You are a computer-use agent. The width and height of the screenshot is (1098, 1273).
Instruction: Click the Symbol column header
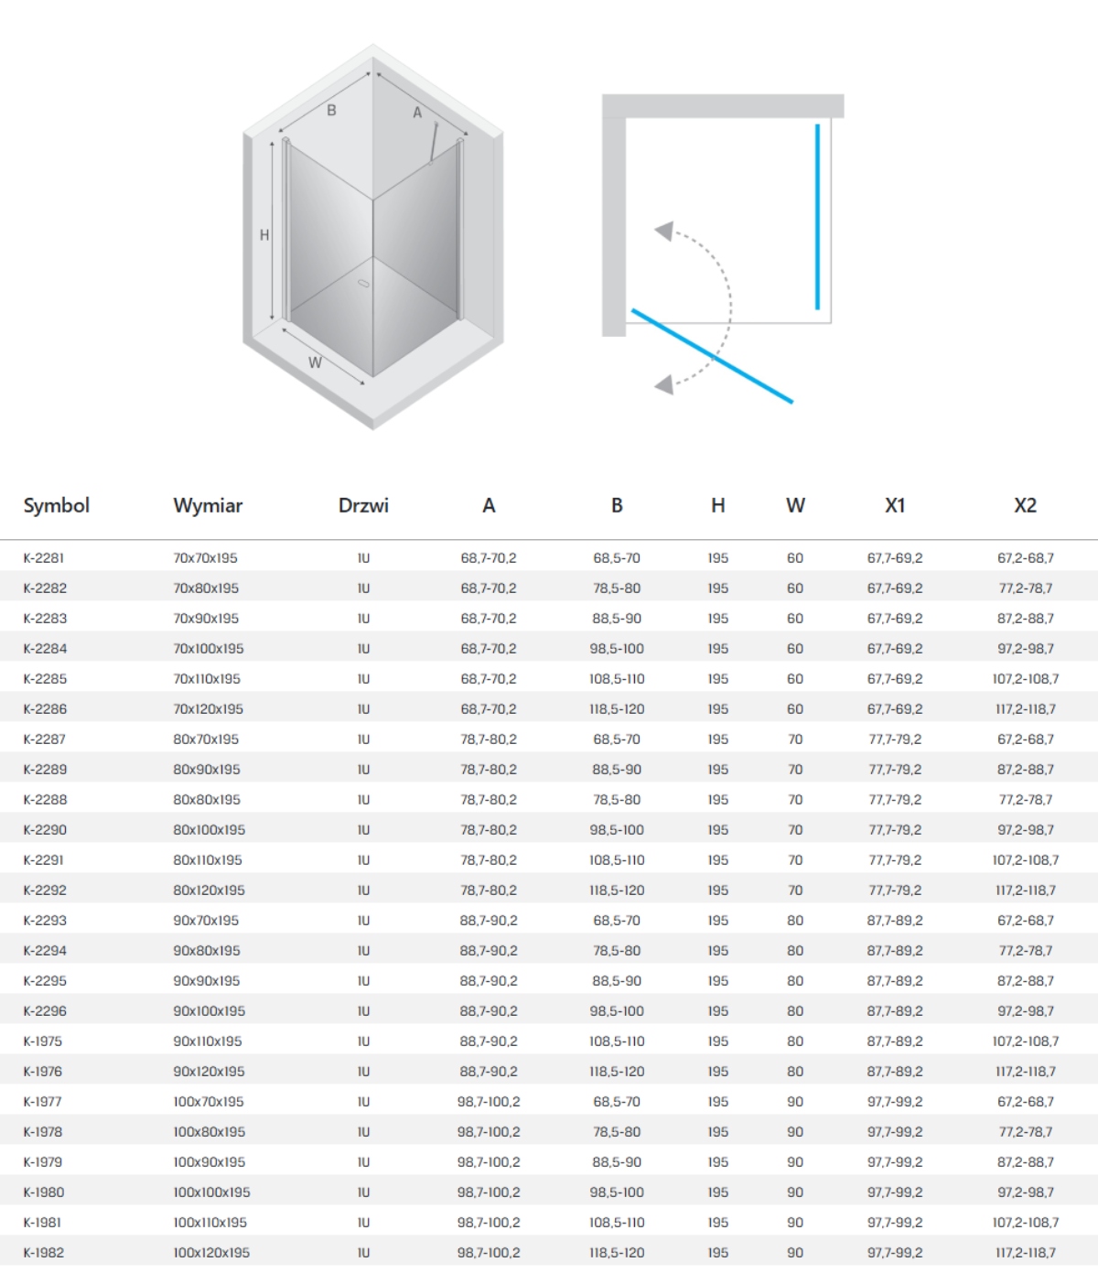(x=57, y=505)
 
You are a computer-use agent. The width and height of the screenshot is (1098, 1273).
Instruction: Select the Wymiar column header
(x=208, y=505)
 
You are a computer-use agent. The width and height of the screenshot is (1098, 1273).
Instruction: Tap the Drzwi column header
(x=363, y=505)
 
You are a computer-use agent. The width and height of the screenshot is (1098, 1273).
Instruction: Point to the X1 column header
(x=895, y=505)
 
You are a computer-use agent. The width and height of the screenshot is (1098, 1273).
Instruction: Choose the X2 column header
(x=1025, y=505)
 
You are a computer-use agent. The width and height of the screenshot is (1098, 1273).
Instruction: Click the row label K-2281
(x=44, y=557)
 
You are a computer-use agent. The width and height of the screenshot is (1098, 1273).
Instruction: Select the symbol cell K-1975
(x=43, y=1041)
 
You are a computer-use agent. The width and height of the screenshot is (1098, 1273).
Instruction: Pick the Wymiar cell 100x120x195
(x=211, y=1253)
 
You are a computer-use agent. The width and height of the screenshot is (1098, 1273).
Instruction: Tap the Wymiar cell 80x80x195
(x=206, y=800)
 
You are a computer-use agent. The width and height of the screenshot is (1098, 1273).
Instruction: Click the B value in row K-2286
(x=617, y=709)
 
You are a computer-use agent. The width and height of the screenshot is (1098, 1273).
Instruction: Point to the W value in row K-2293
(x=795, y=921)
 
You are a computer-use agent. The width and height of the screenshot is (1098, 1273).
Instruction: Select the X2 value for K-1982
(x=1025, y=1253)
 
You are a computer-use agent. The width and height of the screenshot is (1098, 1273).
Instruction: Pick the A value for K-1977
(x=489, y=1102)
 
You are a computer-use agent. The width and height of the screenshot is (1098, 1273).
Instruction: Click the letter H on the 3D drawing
(x=264, y=235)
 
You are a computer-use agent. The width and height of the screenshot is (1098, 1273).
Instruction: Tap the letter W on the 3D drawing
(x=315, y=362)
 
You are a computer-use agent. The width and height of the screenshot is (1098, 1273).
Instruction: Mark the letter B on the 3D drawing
(x=331, y=110)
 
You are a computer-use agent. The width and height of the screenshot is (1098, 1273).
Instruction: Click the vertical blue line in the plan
(x=818, y=217)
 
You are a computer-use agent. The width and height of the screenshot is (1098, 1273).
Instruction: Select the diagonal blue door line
(x=712, y=356)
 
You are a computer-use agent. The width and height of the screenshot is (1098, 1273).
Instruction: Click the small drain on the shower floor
(x=364, y=285)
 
